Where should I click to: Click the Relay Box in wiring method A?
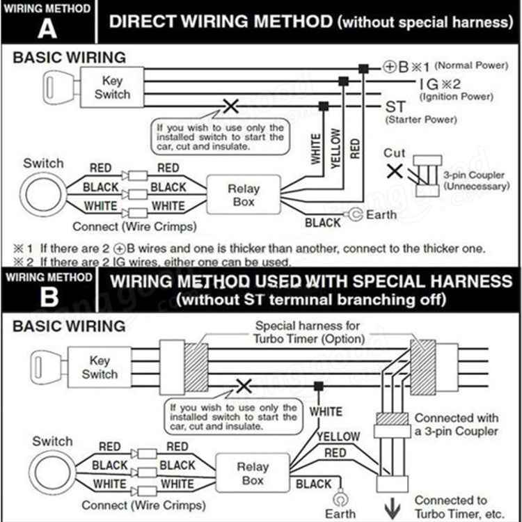point(244,195)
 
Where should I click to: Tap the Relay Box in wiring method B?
point(253,474)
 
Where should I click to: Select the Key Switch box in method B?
point(100,367)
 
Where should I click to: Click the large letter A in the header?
point(47,28)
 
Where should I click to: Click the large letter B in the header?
point(48,297)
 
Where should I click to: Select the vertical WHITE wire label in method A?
point(316,148)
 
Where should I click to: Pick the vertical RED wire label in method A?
point(355,148)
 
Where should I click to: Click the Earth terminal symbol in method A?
point(356,214)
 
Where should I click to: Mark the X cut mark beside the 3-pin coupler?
point(394,171)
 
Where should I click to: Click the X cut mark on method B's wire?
point(244,385)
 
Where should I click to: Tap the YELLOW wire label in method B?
point(339,436)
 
